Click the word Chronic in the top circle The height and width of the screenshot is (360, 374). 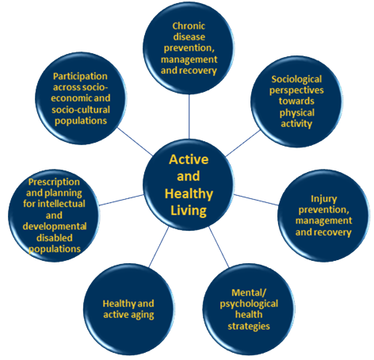tap(189, 26)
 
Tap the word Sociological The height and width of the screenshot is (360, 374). tap(296, 79)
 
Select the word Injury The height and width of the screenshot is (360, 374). tap(323, 199)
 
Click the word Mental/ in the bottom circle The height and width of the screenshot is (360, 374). tap(249, 293)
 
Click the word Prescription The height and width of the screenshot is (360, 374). tap(54, 182)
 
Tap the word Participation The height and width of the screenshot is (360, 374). tap(80, 76)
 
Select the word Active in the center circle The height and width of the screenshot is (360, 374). tap(189, 159)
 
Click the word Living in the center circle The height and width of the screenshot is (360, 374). tap(189, 211)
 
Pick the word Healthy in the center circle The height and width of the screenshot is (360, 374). tap(189, 193)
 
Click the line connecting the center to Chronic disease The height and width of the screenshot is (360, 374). tap(189, 117)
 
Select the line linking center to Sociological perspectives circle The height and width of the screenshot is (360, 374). tap(243, 143)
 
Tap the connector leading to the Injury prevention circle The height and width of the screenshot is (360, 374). tap(256, 200)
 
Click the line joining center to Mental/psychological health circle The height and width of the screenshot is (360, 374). tap(219, 247)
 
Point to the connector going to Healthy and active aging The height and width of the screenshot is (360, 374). tap(158, 247)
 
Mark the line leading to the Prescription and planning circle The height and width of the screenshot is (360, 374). tap(121, 200)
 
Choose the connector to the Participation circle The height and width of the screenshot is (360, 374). tap(135, 142)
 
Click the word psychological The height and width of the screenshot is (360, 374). tap(249, 304)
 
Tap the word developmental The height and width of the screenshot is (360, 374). tap(55, 227)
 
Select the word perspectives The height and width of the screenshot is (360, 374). tap(296, 90)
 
